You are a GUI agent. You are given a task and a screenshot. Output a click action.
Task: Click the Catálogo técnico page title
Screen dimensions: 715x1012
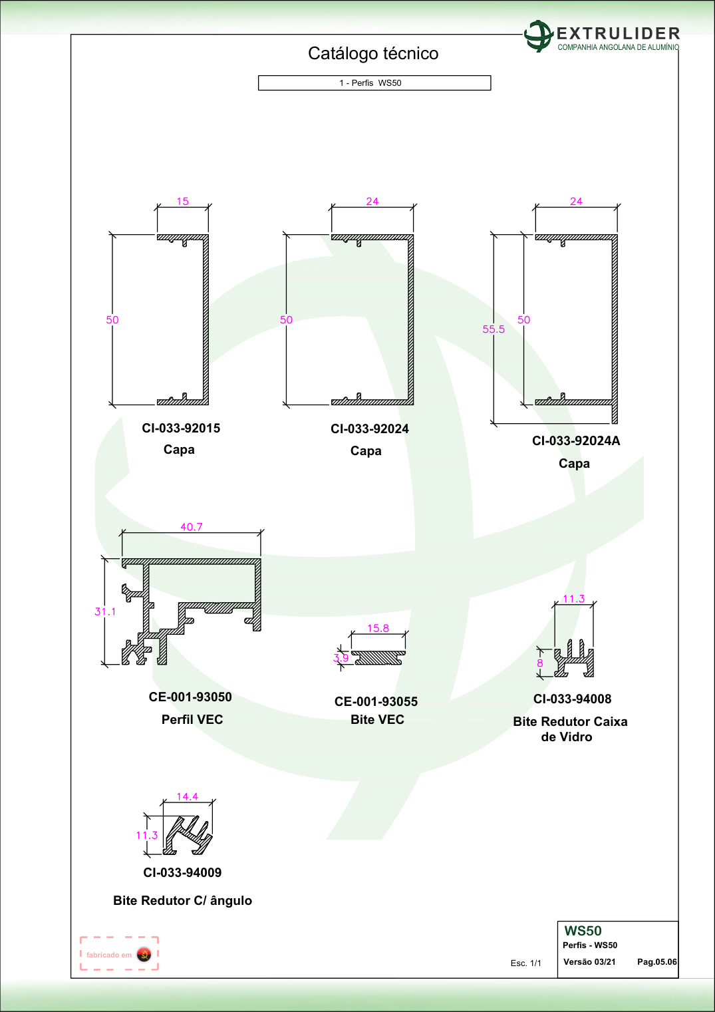click(x=373, y=53)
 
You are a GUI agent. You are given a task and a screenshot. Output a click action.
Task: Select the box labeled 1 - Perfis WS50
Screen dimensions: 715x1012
click(x=374, y=83)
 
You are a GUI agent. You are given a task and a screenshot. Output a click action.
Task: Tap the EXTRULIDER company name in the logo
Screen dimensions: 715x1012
click(x=619, y=33)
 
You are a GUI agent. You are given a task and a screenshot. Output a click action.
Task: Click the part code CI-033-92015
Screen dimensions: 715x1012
click(x=181, y=428)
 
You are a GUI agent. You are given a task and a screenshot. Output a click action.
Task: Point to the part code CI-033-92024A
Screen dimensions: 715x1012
click(x=576, y=440)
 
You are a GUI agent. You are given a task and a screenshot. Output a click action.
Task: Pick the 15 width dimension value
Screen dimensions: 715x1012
click(x=182, y=201)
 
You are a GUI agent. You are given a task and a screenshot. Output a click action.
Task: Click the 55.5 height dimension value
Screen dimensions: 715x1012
click(x=494, y=329)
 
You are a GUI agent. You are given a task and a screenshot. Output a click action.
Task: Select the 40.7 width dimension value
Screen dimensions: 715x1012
click(x=192, y=527)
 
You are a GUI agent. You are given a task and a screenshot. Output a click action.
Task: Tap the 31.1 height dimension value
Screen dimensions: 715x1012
click(x=105, y=611)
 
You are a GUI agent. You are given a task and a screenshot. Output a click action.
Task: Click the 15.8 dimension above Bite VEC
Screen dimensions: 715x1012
click(x=378, y=628)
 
